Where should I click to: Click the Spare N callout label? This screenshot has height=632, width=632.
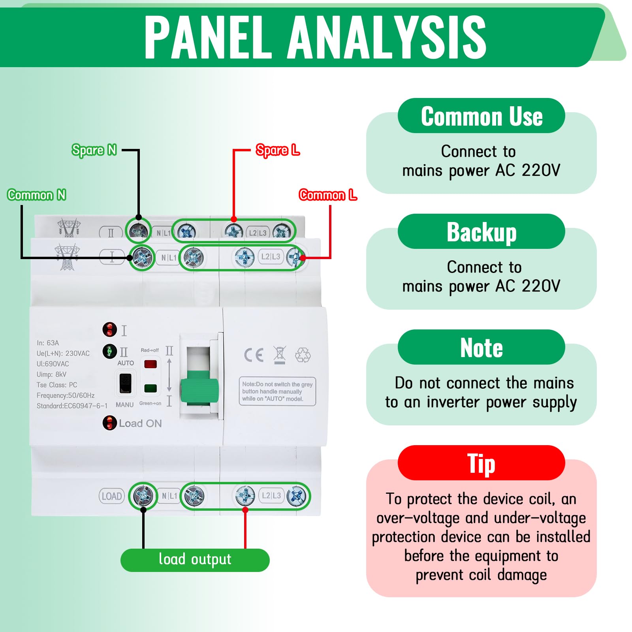(x=94, y=150)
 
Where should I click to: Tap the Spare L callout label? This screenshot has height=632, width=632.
(x=278, y=150)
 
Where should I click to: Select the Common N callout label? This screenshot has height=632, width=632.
(x=36, y=195)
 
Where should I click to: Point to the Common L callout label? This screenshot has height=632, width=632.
(x=328, y=195)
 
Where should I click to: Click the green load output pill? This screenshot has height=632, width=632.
(x=195, y=560)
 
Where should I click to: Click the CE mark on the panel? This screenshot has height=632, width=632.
(x=254, y=355)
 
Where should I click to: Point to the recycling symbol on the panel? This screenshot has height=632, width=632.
(x=303, y=355)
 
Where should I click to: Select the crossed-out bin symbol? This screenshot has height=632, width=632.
(x=280, y=355)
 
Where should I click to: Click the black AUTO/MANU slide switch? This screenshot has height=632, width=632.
(x=125, y=383)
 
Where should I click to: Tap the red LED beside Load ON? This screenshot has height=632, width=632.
(x=109, y=423)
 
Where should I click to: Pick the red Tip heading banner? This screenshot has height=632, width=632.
(x=481, y=463)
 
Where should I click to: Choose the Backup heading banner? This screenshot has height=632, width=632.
(x=481, y=231)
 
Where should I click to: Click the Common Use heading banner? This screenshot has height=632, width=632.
(x=481, y=116)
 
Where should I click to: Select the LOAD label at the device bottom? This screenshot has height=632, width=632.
(x=112, y=496)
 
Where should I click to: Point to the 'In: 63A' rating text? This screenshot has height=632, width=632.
(x=48, y=343)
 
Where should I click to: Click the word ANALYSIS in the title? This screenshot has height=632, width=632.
(x=387, y=37)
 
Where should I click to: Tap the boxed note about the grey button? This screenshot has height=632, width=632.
(x=277, y=391)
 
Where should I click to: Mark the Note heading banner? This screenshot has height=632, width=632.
(x=481, y=347)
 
